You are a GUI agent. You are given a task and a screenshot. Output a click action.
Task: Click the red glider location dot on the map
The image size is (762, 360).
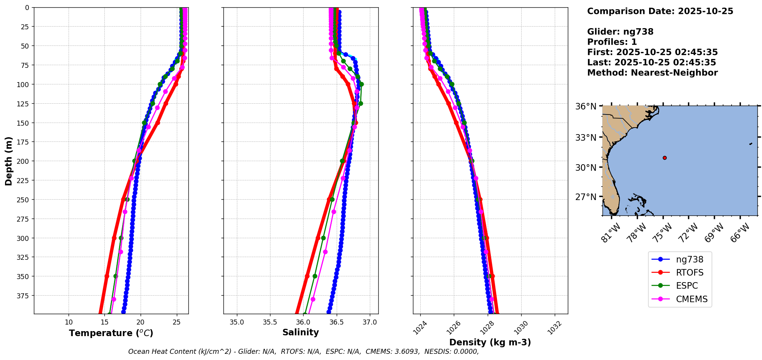tap(665, 158)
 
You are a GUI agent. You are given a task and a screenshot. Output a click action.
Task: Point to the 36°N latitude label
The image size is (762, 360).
tap(586, 106)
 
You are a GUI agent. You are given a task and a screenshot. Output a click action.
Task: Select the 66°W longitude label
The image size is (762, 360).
tap(740, 232)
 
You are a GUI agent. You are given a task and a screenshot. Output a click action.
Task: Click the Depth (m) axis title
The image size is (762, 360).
tap(8, 161)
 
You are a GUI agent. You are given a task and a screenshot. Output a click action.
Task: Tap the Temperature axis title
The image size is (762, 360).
tap(111, 333)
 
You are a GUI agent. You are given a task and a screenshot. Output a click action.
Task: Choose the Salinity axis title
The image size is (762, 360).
tap(300, 332)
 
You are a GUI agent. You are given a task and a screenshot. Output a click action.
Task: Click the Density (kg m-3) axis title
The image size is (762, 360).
tap(490, 342)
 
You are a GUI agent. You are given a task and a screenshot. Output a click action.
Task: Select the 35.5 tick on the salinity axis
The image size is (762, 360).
tap(270, 322)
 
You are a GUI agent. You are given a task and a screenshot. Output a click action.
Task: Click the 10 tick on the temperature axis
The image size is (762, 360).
tap(69, 322)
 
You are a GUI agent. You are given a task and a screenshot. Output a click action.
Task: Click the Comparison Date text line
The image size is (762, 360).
tap(660, 11)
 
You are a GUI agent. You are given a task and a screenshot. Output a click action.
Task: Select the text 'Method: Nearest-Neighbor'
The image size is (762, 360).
tap(652, 73)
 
